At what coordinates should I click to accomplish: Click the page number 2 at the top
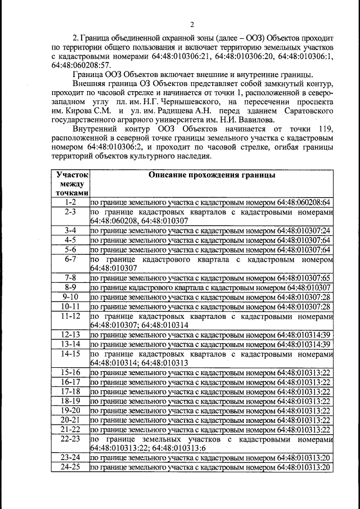[192, 24]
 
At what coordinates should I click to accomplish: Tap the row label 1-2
[70, 202]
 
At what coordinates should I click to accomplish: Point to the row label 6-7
[70, 259]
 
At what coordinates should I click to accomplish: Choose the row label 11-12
[70, 316]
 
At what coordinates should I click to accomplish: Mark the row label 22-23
[70, 439]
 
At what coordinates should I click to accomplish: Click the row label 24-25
[70, 467]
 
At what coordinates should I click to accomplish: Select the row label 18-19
[70, 400]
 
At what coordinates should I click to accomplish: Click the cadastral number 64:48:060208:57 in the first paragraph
[77, 66]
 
